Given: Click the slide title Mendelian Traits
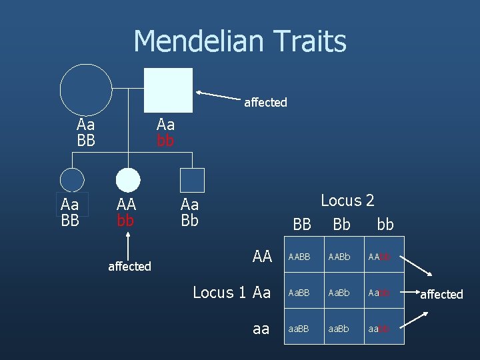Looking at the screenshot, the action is [240, 41].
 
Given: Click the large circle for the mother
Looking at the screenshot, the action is [86, 90].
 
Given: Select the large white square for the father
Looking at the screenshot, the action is [169, 90].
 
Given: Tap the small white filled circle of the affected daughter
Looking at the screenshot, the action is [128, 180].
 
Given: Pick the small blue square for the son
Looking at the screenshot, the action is [193, 180].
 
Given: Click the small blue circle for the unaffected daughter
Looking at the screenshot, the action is [72, 180].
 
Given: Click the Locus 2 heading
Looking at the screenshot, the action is [347, 200].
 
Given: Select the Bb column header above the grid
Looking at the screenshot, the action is [341, 225].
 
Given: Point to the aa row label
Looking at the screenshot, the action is [261, 329].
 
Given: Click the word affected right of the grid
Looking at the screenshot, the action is [441, 294].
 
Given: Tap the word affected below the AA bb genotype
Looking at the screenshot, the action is [129, 266].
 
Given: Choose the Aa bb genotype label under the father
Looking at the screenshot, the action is [165, 132].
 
